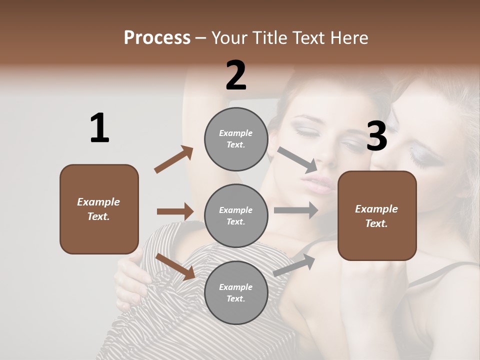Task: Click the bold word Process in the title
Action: (157, 38)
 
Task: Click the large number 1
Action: (99, 128)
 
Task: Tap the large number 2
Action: (236, 75)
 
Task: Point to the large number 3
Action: (377, 136)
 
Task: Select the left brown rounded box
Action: (99, 209)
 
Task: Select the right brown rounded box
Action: (377, 215)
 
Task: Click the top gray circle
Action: (236, 139)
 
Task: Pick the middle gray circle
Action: (236, 215)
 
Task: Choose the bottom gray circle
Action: (236, 292)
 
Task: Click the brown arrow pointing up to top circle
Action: (174, 159)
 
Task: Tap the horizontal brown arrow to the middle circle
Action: (175, 211)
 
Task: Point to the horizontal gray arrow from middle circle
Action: (296, 210)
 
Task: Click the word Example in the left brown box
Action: (98, 202)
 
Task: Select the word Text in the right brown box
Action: (375, 223)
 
